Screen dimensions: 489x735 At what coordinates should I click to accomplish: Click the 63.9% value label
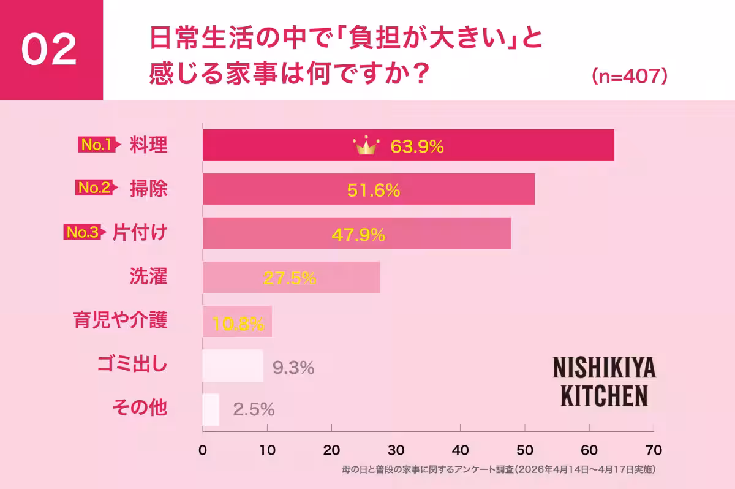tap(417, 147)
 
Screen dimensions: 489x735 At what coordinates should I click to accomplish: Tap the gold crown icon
tap(366, 146)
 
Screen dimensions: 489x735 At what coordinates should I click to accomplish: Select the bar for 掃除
tap(369, 189)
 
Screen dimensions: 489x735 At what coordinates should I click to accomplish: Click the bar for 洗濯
tap(291, 278)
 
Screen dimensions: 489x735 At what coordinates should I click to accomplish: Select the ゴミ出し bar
tap(233, 366)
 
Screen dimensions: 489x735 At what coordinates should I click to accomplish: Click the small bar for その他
tap(211, 409)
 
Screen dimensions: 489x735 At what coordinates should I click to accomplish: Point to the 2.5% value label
tap(254, 410)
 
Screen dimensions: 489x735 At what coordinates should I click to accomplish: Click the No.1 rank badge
tap(96, 145)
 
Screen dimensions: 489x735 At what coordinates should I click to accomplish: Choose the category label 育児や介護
tap(120, 320)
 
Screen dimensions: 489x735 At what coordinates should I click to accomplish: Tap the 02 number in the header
tap(50, 50)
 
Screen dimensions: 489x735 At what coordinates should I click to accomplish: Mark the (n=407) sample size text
tap(629, 76)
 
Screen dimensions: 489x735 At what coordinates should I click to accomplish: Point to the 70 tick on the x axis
tap(654, 449)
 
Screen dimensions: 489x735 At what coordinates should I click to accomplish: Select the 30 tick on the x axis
tap(396, 449)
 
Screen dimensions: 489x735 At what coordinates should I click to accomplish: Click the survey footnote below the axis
tap(499, 470)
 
